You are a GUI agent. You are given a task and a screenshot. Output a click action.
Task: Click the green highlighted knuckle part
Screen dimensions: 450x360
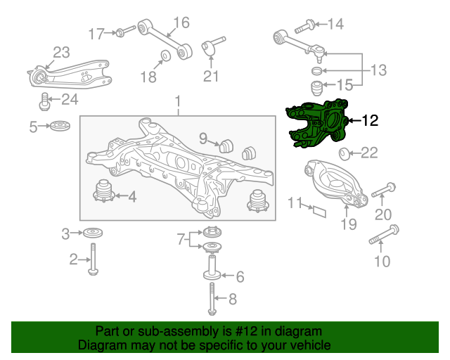click(x=317, y=124)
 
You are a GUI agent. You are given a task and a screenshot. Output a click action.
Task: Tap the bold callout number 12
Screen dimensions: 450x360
click(x=371, y=120)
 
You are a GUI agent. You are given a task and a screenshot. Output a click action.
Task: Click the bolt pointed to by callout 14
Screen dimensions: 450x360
click(x=304, y=26)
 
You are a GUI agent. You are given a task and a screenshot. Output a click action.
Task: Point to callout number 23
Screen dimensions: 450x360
click(x=61, y=53)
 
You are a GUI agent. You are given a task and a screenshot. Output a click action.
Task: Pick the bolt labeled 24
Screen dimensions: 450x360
click(x=44, y=101)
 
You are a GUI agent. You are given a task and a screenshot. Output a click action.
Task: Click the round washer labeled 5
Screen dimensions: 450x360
click(x=60, y=126)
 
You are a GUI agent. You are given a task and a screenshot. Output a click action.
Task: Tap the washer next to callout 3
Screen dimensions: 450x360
click(x=93, y=233)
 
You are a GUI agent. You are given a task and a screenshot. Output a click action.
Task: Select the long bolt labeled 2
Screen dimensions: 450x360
click(x=93, y=259)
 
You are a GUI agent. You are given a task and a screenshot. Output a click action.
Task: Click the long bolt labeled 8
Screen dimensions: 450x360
click(x=212, y=299)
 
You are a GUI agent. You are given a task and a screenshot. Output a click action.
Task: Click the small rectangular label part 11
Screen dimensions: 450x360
click(x=319, y=212)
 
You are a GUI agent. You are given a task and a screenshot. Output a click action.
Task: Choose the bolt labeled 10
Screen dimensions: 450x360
click(x=384, y=235)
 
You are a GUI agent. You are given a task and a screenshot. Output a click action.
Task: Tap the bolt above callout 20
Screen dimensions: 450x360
click(x=384, y=190)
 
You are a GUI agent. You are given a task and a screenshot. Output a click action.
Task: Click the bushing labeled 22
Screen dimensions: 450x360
click(x=344, y=154)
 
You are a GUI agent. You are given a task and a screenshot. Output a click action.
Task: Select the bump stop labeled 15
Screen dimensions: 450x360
click(x=317, y=88)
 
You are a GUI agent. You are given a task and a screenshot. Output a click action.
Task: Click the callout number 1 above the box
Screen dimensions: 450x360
click(x=178, y=101)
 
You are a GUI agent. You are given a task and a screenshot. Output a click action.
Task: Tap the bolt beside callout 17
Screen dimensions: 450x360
click(x=125, y=31)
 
